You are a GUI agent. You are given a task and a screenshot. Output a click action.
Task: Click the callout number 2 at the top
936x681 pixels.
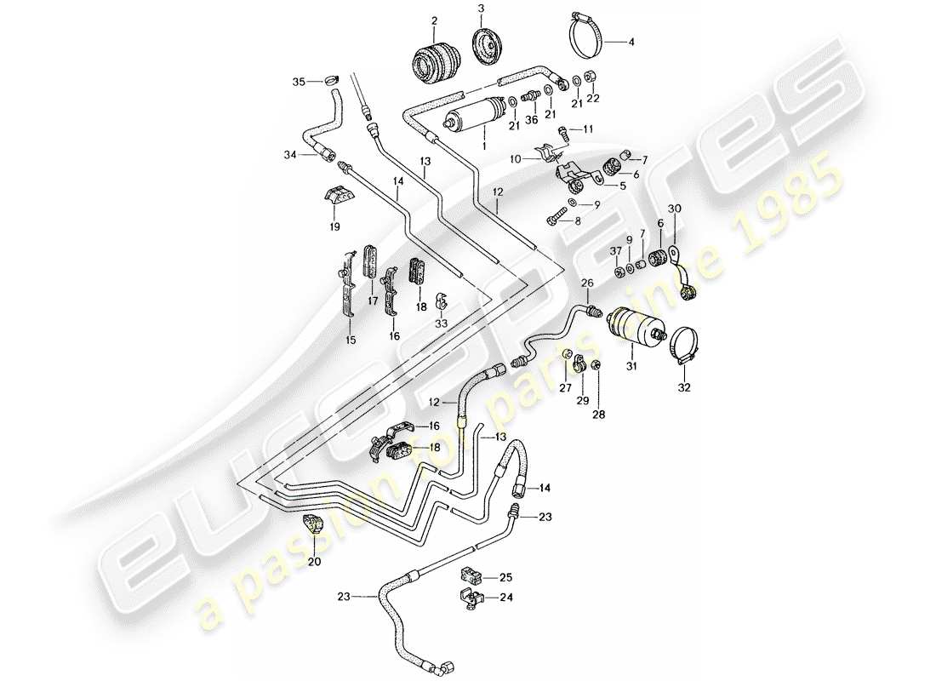(434, 21)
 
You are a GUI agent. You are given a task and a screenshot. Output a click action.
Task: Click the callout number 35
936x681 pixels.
(298, 82)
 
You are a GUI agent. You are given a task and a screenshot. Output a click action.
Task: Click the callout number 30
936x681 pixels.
(674, 209)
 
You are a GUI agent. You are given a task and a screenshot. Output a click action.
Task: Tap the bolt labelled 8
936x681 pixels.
(551, 218)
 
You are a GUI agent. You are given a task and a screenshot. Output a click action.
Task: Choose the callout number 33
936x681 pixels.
(441, 324)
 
